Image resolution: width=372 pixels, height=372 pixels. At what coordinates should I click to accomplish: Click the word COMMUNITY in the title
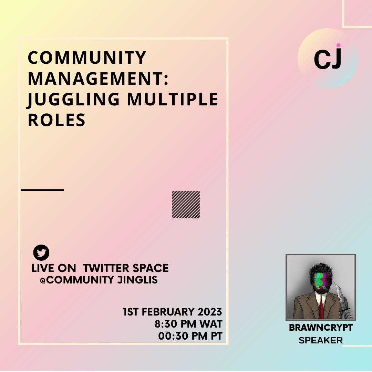tap(87, 58)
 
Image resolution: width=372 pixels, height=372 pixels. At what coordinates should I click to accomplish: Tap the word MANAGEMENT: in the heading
tap(98, 79)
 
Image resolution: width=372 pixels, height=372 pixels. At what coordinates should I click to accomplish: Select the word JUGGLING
tap(73, 100)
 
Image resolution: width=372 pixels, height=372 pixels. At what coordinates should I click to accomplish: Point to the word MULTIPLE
tap(173, 99)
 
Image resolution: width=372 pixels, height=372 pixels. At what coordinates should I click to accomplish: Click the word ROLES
tap(56, 120)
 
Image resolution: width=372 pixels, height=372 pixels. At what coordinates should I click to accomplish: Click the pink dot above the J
tap(338, 45)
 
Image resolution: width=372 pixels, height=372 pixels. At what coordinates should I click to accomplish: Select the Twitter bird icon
tap(41, 252)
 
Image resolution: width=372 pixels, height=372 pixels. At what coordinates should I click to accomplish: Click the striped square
tap(186, 205)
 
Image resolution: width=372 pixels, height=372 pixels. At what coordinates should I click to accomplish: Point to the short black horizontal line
tap(42, 190)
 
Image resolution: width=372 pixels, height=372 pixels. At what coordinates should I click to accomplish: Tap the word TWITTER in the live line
tap(103, 268)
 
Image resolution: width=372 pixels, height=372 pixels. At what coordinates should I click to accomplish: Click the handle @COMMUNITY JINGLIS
tap(99, 280)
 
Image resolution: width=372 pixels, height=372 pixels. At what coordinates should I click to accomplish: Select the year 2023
tap(210, 312)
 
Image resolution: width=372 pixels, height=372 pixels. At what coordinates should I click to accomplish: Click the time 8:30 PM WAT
tap(188, 324)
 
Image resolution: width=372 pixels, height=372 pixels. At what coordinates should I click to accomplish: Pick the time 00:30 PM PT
tap(190, 336)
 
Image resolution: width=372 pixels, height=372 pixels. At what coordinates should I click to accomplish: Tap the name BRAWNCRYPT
tap(321, 328)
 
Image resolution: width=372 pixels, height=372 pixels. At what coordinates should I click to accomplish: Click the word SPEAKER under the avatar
tap(321, 340)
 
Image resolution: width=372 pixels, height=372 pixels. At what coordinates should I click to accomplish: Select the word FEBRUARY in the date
tap(168, 312)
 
